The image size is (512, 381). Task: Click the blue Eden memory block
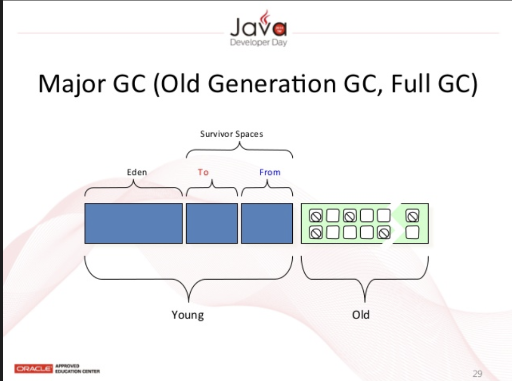pos(133,223)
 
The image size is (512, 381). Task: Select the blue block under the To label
pos(212,223)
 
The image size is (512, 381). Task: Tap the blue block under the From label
pos(266,223)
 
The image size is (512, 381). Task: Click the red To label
pos(203,172)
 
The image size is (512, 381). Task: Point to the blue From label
pos(269,172)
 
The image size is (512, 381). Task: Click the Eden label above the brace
pos(137,172)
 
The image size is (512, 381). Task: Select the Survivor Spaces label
pos(232,134)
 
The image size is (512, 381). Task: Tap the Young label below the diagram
pos(188,314)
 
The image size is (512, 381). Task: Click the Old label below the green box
pos(361,314)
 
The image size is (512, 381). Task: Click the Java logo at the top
pos(258,25)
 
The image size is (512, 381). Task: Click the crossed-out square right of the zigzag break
pos(413,214)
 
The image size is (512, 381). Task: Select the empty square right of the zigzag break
pos(413,232)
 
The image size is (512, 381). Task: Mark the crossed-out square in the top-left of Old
pos(315,214)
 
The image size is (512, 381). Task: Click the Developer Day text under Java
pos(258,43)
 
